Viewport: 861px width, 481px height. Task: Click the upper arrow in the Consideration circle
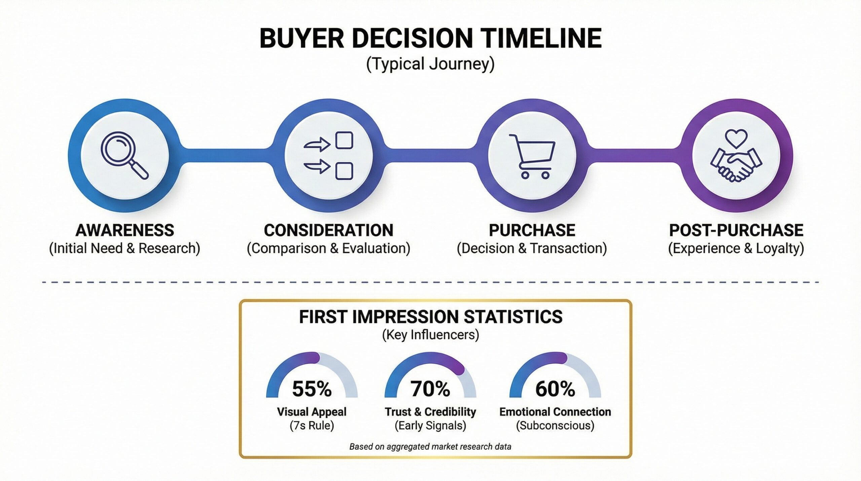tap(317, 145)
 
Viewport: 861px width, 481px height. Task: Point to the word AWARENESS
tap(125, 231)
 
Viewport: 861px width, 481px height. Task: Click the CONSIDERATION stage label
tap(329, 231)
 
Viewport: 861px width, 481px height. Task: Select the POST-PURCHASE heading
tap(736, 231)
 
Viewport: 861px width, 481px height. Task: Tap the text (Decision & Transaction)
tap(532, 248)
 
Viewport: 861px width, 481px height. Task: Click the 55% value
tap(312, 389)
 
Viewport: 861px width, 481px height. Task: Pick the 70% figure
tap(430, 389)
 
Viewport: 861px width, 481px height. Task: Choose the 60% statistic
tap(555, 389)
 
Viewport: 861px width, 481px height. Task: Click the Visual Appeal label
tap(312, 412)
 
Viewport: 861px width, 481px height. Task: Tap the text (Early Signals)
tap(430, 425)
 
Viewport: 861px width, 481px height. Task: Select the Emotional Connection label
tap(555, 412)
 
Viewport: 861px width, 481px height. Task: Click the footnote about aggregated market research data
tap(430, 447)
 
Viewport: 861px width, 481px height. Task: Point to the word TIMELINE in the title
tap(541, 38)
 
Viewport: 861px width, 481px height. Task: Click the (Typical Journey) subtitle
tap(430, 64)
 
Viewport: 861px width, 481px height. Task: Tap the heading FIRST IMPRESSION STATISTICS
tap(430, 317)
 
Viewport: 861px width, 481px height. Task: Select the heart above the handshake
tap(736, 138)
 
